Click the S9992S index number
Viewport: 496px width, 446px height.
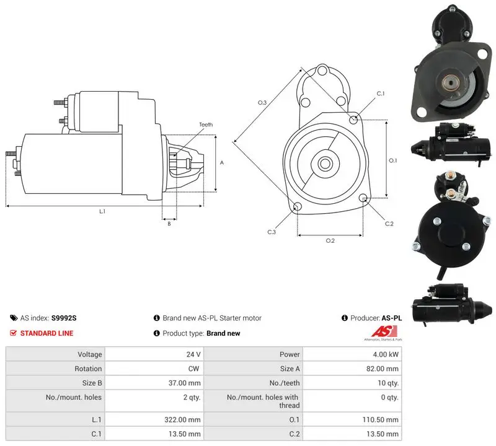pos(64,318)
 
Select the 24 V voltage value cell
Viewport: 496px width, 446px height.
pos(154,354)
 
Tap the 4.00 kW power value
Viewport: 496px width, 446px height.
pos(386,354)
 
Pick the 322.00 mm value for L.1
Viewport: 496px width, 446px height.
pos(182,420)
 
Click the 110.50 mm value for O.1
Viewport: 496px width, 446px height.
pos(381,420)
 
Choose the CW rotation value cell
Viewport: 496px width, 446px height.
pos(154,369)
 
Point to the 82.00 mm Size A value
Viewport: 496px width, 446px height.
pos(383,369)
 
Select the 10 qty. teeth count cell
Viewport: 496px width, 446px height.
pos(352,383)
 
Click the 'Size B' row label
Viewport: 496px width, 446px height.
pos(92,383)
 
